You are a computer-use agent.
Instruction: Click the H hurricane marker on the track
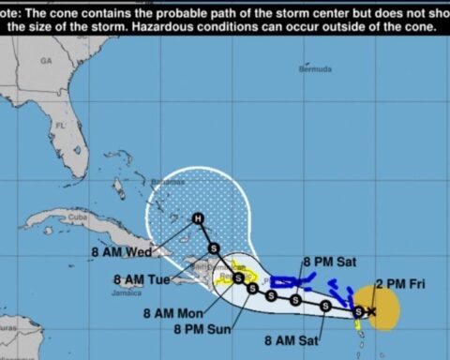[x=197, y=218]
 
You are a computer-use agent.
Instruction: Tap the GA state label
[x=46, y=59]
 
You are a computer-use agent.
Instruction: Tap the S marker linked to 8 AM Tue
[x=238, y=277]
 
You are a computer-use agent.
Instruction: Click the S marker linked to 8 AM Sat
[x=295, y=300]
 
